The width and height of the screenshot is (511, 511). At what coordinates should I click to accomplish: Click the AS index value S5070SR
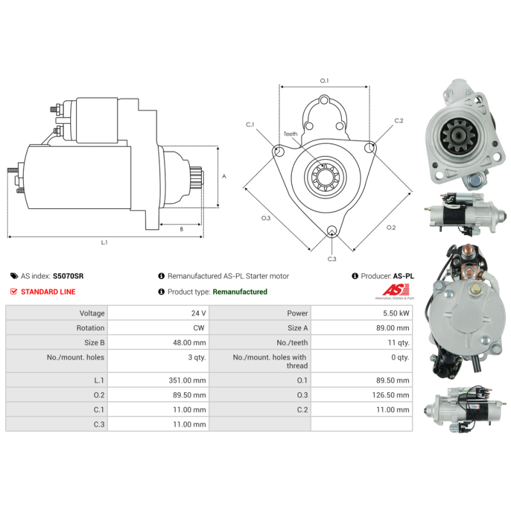[x=68, y=276]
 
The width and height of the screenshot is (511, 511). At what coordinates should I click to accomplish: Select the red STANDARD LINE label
[x=48, y=292]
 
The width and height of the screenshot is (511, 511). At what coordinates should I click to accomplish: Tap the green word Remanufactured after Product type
[x=240, y=292]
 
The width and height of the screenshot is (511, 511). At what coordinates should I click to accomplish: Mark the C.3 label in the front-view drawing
[x=332, y=259]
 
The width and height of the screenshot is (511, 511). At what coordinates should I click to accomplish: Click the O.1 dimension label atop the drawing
[x=324, y=80]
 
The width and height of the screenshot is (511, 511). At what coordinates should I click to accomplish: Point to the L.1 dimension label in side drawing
[x=104, y=243]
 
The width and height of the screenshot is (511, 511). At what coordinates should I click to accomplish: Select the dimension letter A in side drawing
[x=224, y=176]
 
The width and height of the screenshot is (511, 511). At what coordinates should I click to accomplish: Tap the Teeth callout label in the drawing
[x=291, y=134]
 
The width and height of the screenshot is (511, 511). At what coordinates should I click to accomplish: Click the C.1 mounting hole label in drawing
[x=250, y=124]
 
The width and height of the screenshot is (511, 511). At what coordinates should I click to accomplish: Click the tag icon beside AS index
[x=14, y=276]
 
